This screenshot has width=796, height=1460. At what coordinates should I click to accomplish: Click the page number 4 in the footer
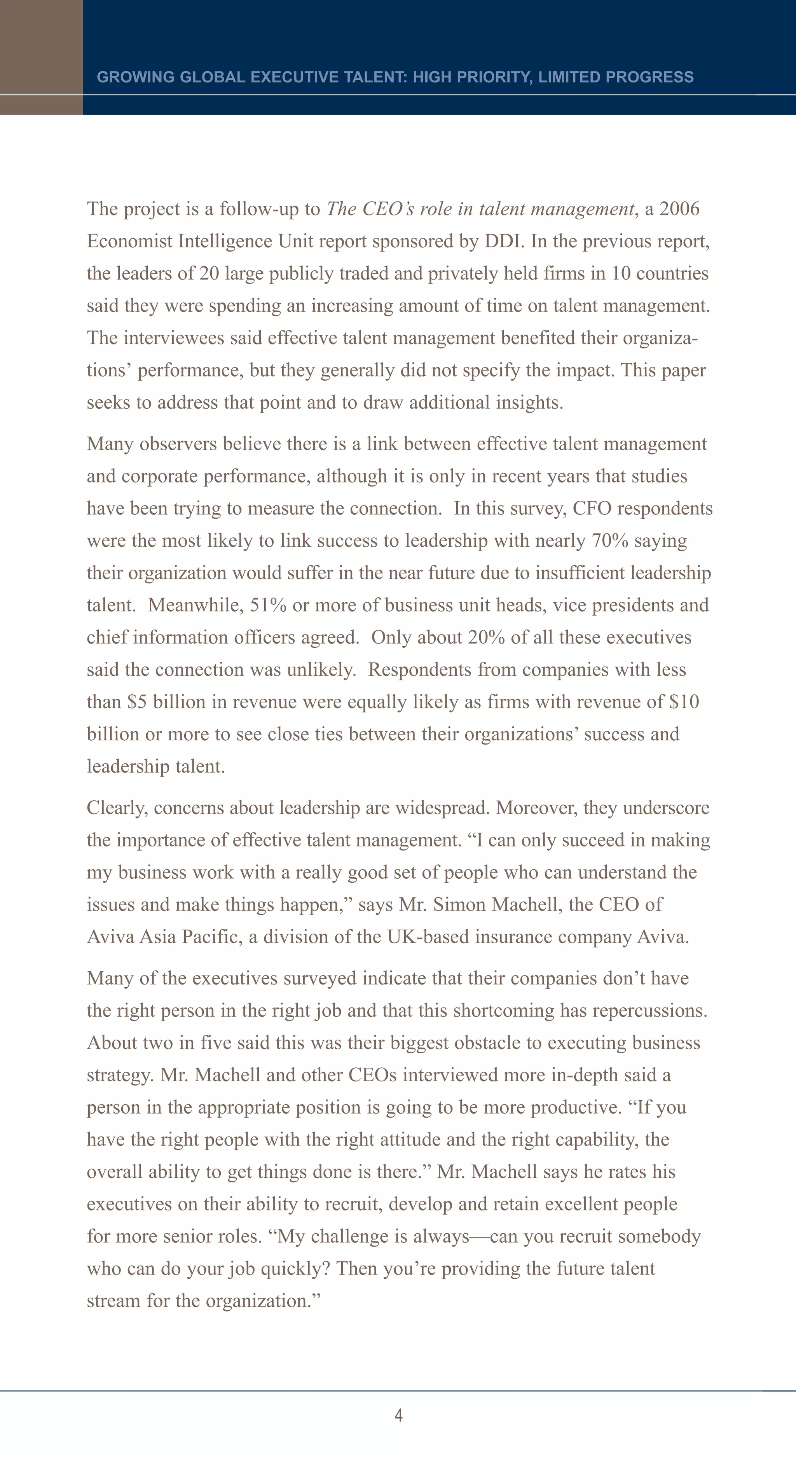coord(398,1415)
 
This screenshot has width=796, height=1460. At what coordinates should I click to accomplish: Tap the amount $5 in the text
coord(136,702)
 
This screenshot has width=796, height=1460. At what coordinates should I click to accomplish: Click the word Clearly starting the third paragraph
coord(117,808)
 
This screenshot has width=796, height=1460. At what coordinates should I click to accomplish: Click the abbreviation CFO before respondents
coord(592,509)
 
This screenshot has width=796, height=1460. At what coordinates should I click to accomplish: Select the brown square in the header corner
coord(41,47)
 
